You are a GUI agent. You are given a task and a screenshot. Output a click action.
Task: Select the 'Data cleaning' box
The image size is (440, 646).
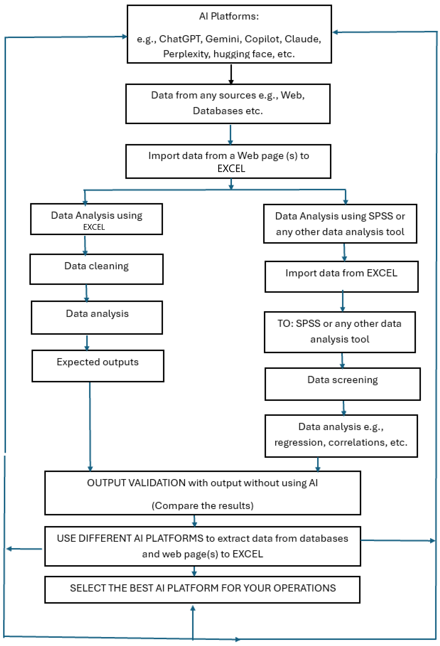click(x=96, y=269)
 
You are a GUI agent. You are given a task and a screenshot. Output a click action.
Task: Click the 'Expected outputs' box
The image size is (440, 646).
click(x=98, y=366)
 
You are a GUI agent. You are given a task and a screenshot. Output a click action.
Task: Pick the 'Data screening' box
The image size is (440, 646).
click(x=342, y=384)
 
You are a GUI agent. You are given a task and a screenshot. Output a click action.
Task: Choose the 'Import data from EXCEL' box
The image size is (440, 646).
click(x=341, y=277)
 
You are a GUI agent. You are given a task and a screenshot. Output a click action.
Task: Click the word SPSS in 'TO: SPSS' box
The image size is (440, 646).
click(x=308, y=324)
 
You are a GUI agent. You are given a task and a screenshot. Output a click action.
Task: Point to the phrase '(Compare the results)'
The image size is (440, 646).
click(x=203, y=506)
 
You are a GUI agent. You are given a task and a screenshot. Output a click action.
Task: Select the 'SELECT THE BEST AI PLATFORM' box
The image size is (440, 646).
click(x=202, y=590)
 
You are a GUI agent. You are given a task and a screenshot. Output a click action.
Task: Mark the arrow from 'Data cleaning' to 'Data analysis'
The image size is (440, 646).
click(x=86, y=293)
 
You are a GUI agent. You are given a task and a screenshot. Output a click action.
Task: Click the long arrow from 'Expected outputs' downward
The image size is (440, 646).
click(x=90, y=427)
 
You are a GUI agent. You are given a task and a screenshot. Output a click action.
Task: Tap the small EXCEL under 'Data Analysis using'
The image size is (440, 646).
click(x=94, y=227)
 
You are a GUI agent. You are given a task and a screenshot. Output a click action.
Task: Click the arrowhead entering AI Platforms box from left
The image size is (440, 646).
click(x=125, y=36)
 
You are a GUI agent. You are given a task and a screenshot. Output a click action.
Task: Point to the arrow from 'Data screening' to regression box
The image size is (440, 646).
click(x=344, y=408)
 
